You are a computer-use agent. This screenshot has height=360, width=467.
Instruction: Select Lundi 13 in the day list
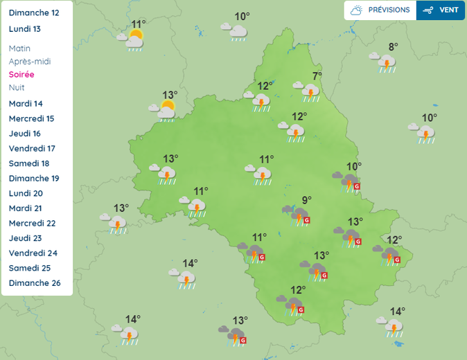click(x=25, y=29)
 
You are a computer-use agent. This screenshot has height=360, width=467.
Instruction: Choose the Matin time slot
click(x=20, y=48)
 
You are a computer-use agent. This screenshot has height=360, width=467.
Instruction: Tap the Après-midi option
click(x=30, y=62)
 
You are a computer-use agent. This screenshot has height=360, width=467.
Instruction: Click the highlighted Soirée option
click(x=21, y=75)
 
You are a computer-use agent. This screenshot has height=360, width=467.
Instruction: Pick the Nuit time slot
click(x=17, y=87)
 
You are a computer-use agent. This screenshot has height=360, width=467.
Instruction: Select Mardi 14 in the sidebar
click(x=26, y=104)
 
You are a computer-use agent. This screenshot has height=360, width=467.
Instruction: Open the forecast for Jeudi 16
click(x=25, y=134)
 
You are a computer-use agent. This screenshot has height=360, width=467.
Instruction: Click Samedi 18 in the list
click(x=29, y=163)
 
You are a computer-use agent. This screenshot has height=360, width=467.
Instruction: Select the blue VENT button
click(x=441, y=10)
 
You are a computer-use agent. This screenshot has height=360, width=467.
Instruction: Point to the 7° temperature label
click(x=317, y=76)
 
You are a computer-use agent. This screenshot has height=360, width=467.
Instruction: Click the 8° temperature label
click(x=393, y=47)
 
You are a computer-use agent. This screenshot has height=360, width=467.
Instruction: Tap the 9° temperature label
click(x=306, y=200)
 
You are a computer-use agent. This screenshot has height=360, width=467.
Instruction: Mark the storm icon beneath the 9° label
click(x=299, y=215)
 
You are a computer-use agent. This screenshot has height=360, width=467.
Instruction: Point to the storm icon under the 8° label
click(x=386, y=63)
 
